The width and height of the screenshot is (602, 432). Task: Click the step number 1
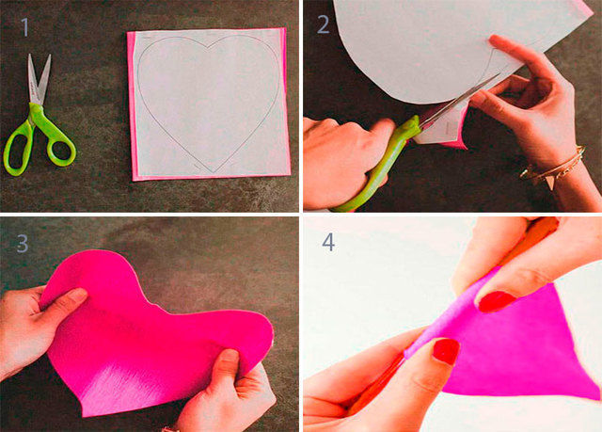(25, 27)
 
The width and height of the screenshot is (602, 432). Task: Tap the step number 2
(324, 24)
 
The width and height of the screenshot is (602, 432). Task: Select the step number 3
(23, 243)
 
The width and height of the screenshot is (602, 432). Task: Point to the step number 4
(328, 242)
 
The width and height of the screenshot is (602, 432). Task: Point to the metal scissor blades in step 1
(39, 79)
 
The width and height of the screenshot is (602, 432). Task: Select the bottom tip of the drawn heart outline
(214, 172)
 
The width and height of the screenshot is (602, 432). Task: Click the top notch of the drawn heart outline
(209, 48)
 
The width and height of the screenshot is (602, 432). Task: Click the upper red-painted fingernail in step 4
(496, 301)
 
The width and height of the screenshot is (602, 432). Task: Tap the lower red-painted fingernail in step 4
(446, 351)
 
